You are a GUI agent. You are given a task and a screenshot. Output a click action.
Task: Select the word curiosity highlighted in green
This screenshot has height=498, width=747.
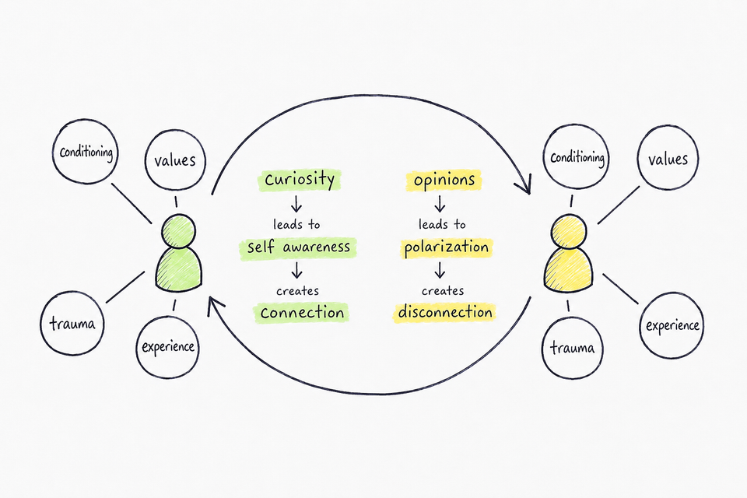300,180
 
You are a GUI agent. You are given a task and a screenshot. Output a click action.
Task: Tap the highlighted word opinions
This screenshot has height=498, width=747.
444,181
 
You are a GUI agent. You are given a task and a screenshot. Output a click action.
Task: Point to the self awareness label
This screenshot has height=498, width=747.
298,247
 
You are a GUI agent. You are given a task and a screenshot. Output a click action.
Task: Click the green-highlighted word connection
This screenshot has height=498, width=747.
302,313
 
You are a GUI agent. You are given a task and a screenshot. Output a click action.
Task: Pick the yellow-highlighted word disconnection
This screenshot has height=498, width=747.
445,313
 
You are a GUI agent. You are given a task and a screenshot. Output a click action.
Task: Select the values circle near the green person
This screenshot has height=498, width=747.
175,160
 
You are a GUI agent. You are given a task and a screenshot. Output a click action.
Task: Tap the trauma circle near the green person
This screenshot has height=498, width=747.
72,324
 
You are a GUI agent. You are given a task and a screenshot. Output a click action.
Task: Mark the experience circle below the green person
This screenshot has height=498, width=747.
168,347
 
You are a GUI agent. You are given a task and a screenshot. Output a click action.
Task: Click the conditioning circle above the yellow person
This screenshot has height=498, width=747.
577,156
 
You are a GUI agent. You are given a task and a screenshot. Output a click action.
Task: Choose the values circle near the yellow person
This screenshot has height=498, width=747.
668,158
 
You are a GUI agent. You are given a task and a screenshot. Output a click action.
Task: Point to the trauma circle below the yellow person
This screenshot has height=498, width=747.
572,348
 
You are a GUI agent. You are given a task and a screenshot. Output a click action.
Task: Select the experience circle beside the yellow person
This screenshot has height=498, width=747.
672,325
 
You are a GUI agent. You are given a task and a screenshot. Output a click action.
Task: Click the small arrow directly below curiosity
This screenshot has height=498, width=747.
296,204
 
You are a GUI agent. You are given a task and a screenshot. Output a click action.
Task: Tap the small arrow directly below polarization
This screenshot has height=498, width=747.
440,270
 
